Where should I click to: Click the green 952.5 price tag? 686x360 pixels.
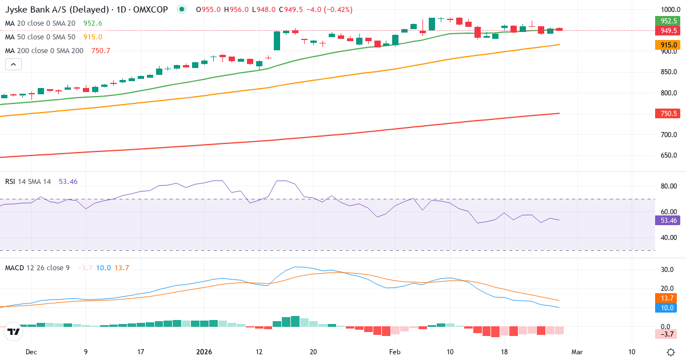665,21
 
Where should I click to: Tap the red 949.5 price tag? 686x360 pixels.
665,30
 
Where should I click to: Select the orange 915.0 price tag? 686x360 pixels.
665,45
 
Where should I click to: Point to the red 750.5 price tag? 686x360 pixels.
665,114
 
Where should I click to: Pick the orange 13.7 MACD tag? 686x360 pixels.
665,298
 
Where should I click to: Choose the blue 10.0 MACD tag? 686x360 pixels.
665,307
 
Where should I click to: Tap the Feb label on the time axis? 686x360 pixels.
395,351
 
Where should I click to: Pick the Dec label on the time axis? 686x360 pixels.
31,351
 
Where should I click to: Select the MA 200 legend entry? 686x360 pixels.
45,50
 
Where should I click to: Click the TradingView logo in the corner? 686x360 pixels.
13,331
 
